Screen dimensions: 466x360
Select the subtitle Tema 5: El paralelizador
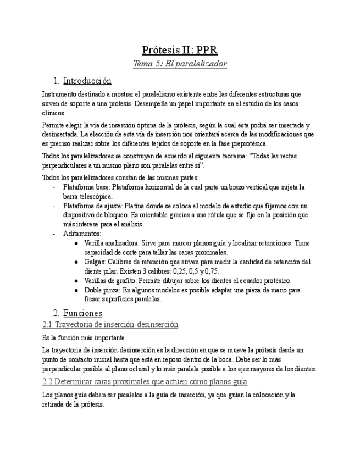[180, 64]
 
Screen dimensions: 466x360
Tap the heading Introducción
[87, 81]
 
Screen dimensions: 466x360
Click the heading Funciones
[82, 313]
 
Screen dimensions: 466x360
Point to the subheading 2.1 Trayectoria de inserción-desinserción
[110, 325]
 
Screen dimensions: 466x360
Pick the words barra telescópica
[88, 196]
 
